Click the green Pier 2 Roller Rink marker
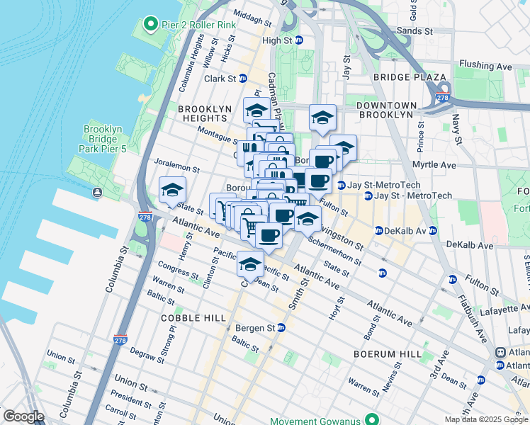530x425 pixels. pos(150,25)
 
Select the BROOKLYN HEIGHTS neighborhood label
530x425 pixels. pos(205,113)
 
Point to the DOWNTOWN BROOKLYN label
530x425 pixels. pos(385,109)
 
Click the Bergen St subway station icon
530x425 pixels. pos(281,328)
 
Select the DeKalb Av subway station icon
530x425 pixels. pos(378,231)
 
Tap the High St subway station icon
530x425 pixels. pos(299,40)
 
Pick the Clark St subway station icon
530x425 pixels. pos(243,79)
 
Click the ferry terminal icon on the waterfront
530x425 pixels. pos(96,193)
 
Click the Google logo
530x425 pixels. pos(23,416)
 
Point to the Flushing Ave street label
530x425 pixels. pos(485,66)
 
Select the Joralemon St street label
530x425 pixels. pos(176,166)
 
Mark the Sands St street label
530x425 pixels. pos(415,31)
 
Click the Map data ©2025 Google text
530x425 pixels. pos(485,419)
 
